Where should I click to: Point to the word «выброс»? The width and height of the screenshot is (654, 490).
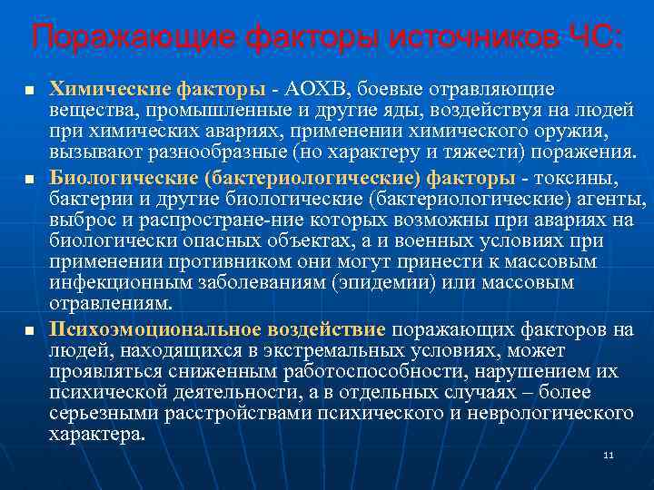(x=76, y=220)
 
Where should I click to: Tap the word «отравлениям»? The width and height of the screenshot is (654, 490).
(x=109, y=306)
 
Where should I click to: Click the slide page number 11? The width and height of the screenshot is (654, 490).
(x=608, y=455)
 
